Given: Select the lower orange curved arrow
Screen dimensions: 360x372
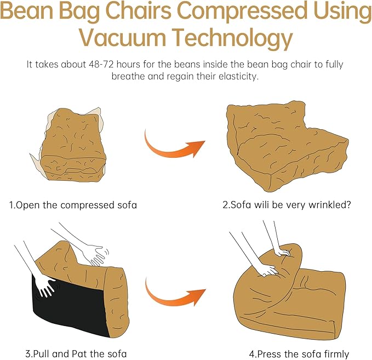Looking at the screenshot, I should click(174, 294).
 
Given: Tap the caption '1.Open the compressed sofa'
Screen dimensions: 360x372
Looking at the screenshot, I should click(73, 205).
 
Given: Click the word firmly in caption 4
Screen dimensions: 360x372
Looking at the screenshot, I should click(335, 354).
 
